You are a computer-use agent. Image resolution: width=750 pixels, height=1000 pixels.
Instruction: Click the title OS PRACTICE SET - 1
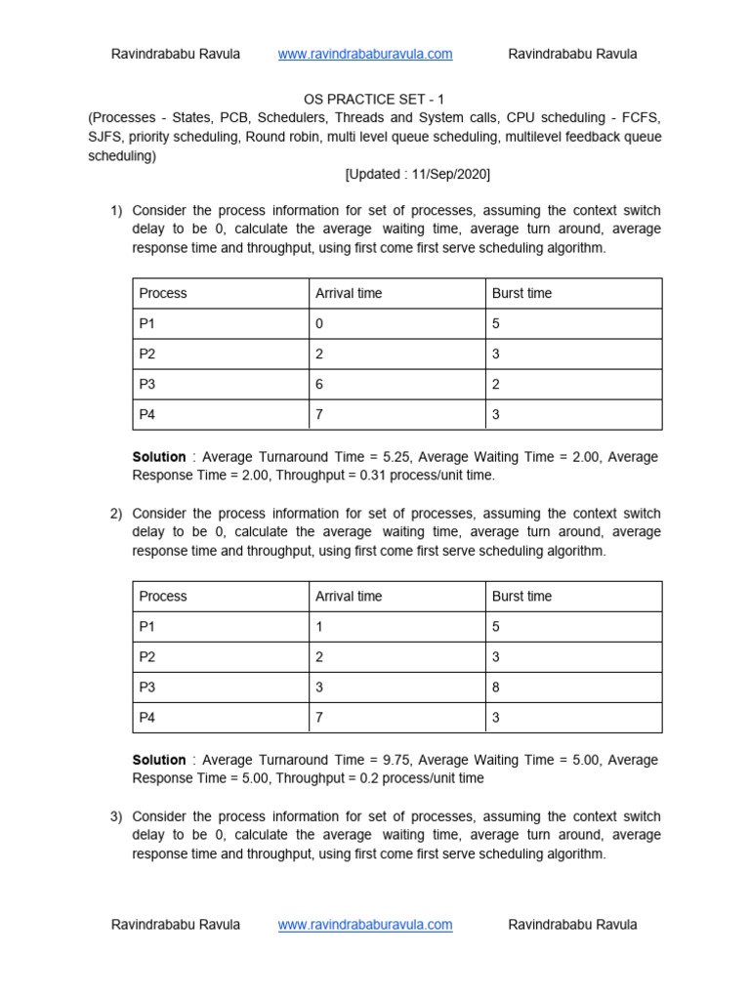point(375,99)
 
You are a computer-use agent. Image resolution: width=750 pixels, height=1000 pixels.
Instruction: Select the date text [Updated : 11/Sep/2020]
point(417,175)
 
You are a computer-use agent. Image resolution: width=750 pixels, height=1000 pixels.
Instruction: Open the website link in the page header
point(365,54)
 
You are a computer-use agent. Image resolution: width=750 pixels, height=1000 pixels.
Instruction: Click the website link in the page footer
point(365,924)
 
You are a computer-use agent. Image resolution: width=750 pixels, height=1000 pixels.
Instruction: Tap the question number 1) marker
point(116,211)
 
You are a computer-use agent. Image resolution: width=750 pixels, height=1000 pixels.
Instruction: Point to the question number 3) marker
point(116,816)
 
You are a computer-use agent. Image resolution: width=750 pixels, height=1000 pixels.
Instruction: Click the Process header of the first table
point(163,293)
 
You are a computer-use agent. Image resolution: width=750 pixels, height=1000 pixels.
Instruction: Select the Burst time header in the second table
point(521,596)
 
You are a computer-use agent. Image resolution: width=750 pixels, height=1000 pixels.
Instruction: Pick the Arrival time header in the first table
point(349,293)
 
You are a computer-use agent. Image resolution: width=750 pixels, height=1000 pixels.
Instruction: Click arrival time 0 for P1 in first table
point(319,323)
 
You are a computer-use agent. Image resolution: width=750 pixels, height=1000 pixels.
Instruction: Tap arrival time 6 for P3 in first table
point(319,384)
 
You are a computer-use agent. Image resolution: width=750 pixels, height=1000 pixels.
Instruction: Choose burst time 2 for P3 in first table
point(496,384)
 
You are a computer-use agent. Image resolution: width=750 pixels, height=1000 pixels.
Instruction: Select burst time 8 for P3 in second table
point(496,687)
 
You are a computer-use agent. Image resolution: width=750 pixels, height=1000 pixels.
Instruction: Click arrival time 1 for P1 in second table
point(319,626)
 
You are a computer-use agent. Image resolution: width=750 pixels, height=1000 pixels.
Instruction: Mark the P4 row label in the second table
point(147,717)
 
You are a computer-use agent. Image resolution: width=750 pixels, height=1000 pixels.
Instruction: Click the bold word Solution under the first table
point(158,457)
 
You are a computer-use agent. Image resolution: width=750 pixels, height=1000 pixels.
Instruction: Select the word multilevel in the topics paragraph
point(535,137)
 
